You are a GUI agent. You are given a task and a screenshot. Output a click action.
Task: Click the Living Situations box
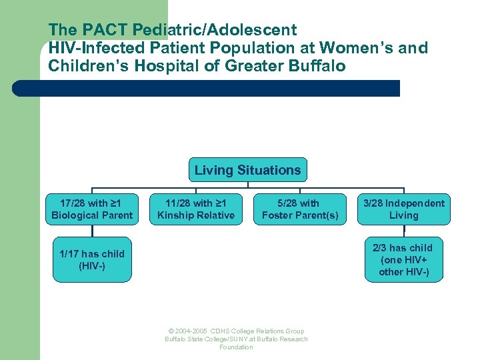[247, 171]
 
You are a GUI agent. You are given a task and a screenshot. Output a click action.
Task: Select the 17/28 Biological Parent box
[92, 209]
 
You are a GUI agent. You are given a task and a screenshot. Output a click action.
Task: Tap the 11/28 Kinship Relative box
[195, 209]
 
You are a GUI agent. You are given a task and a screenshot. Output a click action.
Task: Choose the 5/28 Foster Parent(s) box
[300, 209]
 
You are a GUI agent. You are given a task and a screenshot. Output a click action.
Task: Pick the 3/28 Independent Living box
[404, 209]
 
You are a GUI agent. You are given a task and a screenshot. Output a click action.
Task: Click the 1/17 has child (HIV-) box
[92, 260]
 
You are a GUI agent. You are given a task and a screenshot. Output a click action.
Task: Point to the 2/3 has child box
[404, 259]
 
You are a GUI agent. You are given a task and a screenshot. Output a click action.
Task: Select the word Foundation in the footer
[236, 347]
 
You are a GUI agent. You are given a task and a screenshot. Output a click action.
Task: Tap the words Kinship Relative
[195, 215]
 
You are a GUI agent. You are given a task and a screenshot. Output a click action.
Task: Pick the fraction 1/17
[71, 254]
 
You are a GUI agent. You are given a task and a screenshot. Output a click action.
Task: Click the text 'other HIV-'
[404, 271]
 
